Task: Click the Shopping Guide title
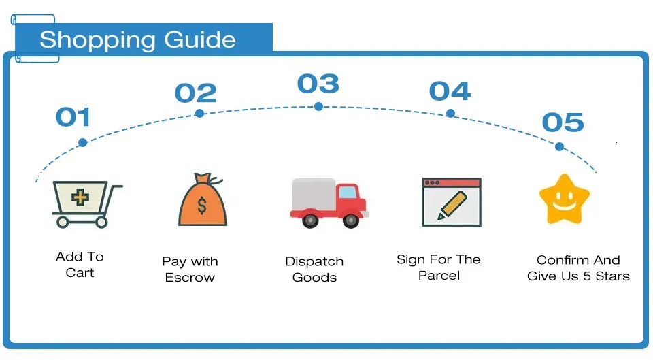click(x=137, y=39)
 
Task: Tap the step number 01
click(x=73, y=117)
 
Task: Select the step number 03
click(x=318, y=84)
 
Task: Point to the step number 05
click(x=563, y=122)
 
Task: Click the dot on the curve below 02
click(x=199, y=113)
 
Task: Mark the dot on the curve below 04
click(x=450, y=113)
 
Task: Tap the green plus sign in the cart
click(x=80, y=199)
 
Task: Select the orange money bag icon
click(x=202, y=202)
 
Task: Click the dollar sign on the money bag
click(x=202, y=206)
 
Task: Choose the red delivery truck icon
click(x=329, y=202)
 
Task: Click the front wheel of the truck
click(x=351, y=220)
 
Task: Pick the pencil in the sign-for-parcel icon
click(x=452, y=205)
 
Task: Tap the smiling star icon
click(x=564, y=199)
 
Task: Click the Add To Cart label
click(x=80, y=265)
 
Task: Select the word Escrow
click(x=190, y=278)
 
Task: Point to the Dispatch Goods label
click(x=314, y=269)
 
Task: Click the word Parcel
click(x=439, y=276)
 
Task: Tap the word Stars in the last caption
click(x=612, y=276)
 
